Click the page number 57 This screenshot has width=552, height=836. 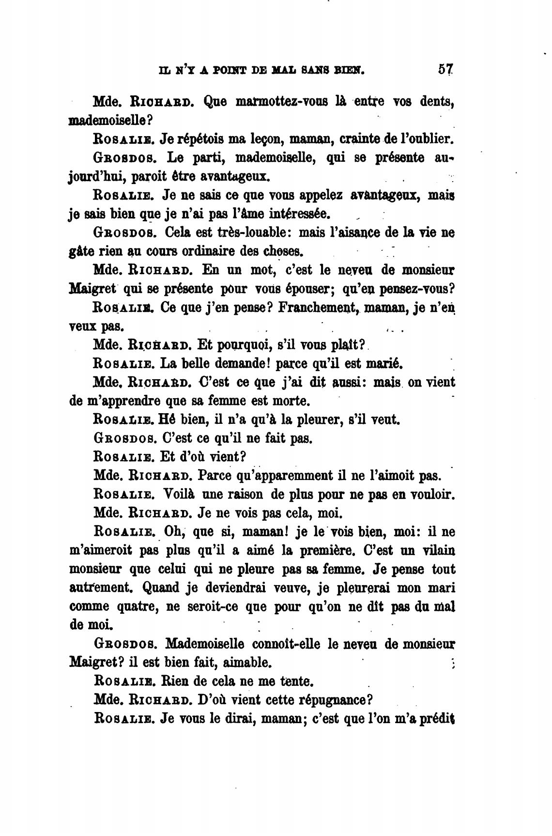pos(445,69)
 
